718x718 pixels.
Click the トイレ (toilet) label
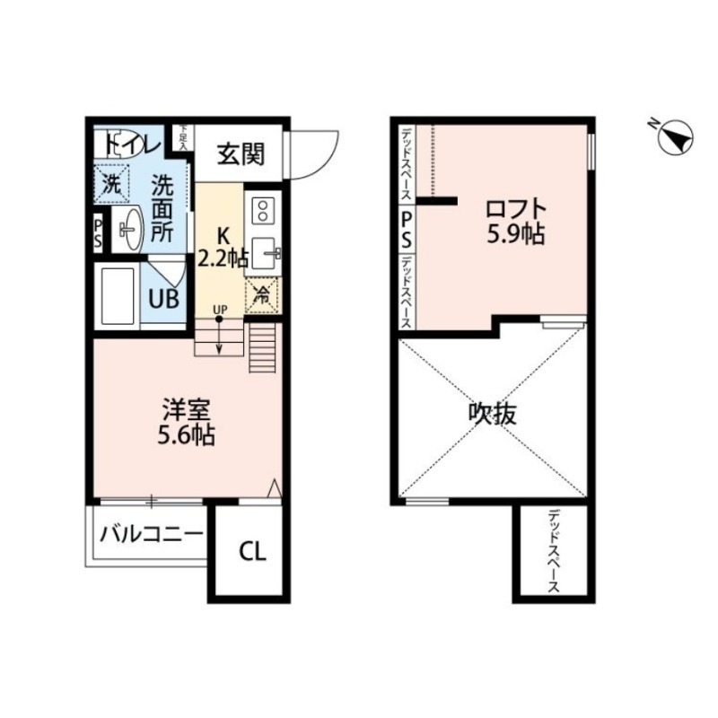point(132,144)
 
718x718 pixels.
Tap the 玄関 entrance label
point(241,154)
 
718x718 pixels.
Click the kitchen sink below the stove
point(266,253)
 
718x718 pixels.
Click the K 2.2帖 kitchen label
point(222,248)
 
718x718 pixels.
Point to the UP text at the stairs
point(220,310)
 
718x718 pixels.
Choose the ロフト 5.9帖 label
point(515,222)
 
